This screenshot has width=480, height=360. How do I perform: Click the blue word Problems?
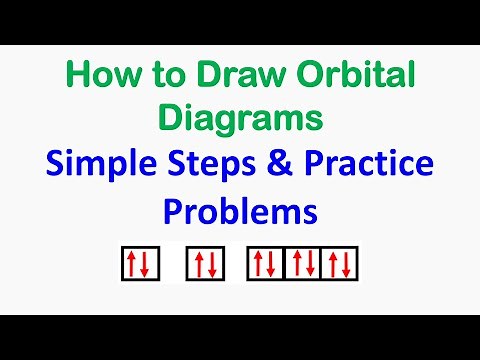240,213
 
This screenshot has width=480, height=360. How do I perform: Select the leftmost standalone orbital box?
136,263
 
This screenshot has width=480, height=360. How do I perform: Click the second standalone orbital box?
206,263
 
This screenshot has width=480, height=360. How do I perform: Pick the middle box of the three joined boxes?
303,263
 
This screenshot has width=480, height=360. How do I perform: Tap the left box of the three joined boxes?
266,263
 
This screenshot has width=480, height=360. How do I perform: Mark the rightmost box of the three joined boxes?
340,263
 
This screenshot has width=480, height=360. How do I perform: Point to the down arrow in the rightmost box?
347,264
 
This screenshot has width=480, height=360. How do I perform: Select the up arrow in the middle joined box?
296,263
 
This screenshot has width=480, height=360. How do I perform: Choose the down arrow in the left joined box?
273,264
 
